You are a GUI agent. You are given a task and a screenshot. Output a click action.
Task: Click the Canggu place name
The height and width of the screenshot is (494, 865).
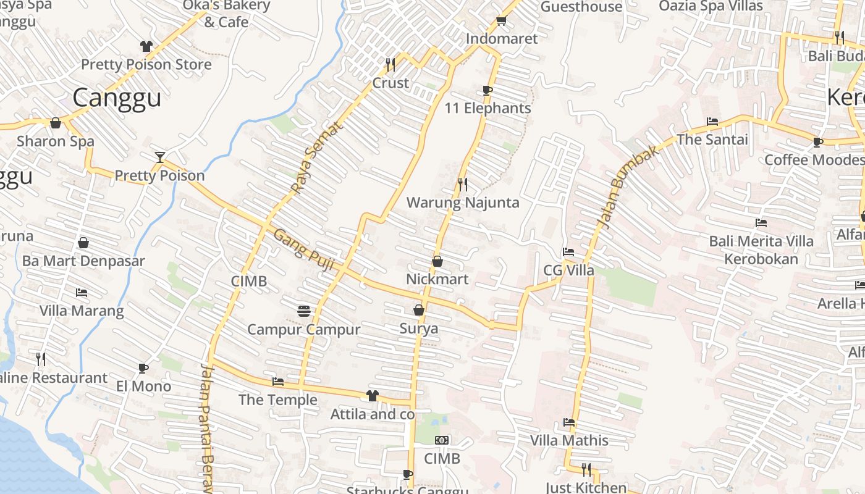click(117, 98)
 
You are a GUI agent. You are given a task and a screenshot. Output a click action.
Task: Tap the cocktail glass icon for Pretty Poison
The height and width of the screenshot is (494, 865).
click(160, 157)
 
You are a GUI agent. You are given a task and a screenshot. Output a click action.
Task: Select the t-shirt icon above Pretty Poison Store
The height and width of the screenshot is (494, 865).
click(146, 46)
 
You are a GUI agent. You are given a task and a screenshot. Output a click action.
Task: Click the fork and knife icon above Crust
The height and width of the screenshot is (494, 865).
click(390, 64)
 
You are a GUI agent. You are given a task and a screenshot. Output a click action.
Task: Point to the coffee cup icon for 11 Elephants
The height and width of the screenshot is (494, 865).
click(487, 90)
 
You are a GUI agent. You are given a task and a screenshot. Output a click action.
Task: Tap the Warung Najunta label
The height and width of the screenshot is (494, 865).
click(463, 203)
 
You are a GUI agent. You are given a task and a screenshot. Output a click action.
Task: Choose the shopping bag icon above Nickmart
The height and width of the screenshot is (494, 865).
click(437, 261)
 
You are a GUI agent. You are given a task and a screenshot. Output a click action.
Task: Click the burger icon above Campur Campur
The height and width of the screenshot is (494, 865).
click(303, 311)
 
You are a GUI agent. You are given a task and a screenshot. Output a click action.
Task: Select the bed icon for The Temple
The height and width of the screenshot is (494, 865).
click(278, 382)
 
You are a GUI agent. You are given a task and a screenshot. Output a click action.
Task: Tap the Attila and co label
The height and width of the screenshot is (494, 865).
click(372, 414)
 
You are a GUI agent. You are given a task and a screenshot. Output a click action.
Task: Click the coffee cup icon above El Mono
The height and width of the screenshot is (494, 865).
click(143, 368)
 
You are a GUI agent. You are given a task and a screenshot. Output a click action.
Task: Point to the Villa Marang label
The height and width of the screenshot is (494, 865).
click(82, 311)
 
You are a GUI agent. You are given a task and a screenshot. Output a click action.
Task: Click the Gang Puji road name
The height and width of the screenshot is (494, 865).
click(303, 250)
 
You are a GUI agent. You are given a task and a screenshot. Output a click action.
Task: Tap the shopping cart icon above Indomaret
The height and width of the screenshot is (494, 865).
click(501, 20)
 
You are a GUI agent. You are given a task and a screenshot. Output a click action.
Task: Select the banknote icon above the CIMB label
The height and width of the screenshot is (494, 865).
click(442, 440)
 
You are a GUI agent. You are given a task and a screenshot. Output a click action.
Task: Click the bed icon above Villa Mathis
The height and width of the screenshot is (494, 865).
click(569, 422)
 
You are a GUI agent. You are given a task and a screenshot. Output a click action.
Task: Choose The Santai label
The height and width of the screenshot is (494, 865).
click(712, 140)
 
